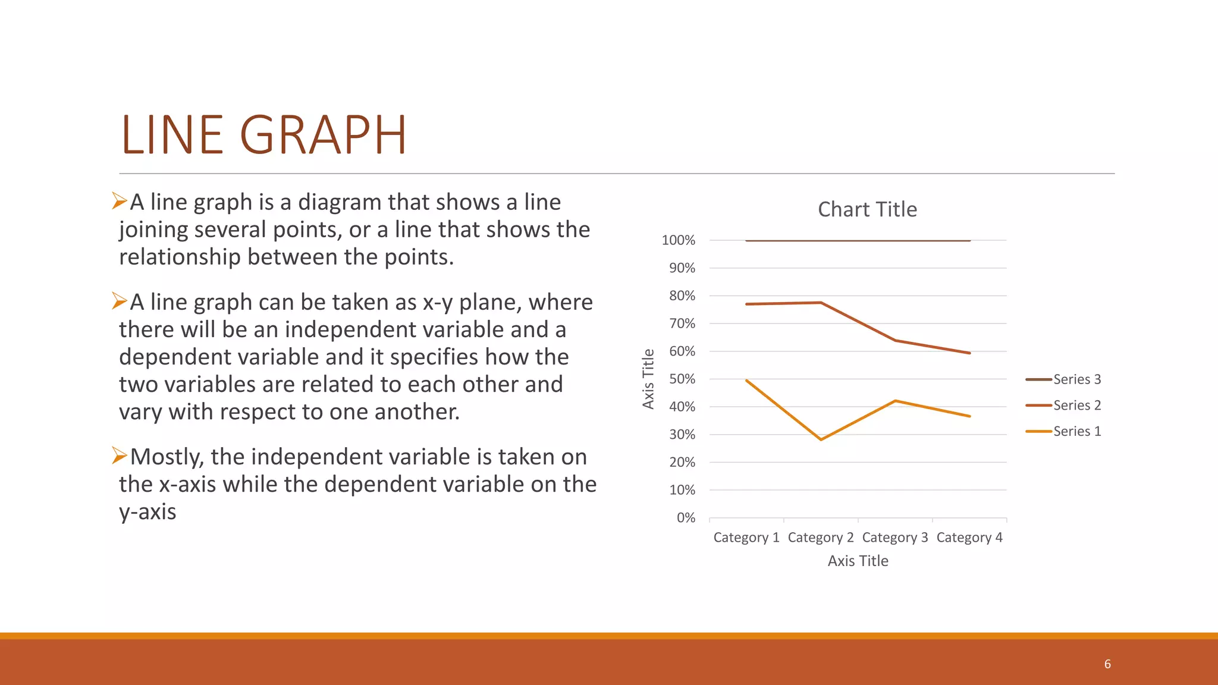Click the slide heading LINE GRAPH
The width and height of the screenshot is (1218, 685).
click(x=263, y=136)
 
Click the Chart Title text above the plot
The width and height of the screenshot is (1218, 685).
click(x=867, y=209)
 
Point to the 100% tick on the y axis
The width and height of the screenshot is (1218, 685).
click(x=678, y=240)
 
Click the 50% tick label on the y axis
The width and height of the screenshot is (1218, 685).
click(x=682, y=379)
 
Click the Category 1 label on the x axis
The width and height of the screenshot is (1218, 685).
click(x=746, y=538)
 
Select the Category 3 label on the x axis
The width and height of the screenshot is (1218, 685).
click(x=895, y=538)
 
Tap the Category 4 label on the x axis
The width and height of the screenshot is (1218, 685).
click(x=969, y=538)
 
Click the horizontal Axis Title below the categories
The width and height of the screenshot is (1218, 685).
click(x=858, y=561)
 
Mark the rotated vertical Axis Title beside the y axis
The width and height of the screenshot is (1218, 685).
click(x=648, y=379)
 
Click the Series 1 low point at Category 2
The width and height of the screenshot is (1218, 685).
click(x=821, y=439)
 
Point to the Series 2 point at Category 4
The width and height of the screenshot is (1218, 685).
click(x=969, y=353)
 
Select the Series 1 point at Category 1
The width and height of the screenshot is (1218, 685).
click(x=746, y=380)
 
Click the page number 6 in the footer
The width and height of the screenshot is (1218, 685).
click(x=1107, y=664)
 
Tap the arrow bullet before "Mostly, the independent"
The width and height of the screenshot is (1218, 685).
click(x=120, y=456)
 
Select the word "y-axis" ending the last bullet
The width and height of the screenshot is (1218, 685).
click(x=147, y=512)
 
